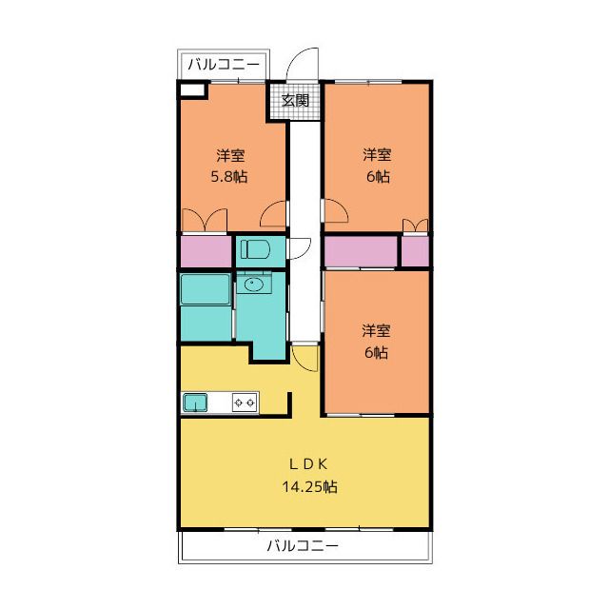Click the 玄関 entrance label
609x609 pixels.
pyautogui.click(x=296, y=101)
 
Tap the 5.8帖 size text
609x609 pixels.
pyautogui.click(x=229, y=177)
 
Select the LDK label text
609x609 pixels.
pyautogui.click(x=308, y=463)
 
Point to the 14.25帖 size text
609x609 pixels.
pyautogui.click(x=309, y=486)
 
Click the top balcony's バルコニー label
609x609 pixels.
pyautogui.click(x=224, y=64)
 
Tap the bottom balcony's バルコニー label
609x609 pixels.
pyautogui.click(x=303, y=546)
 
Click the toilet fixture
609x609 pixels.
pyautogui.click(x=254, y=249)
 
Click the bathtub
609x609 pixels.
pyautogui.click(x=206, y=289)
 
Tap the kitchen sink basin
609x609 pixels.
pyautogui.click(x=195, y=403)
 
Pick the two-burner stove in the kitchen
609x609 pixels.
pyautogui.click(x=245, y=403)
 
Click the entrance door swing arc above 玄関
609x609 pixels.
pyautogui.click(x=303, y=64)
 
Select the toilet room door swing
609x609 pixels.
pyautogui.click(x=299, y=248)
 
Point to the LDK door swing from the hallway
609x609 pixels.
pyautogui.click(x=305, y=358)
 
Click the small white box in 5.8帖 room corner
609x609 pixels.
pyautogui.click(x=192, y=90)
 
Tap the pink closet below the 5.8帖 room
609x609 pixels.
pyautogui.click(x=206, y=251)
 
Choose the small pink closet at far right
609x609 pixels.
pyautogui.click(x=415, y=251)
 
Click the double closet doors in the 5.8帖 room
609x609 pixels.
pyautogui.click(x=205, y=220)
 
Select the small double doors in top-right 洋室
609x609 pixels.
pyautogui.click(x=415, y=226)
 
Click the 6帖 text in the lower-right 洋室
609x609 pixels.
pyautogui.click(x=376, y=353)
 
